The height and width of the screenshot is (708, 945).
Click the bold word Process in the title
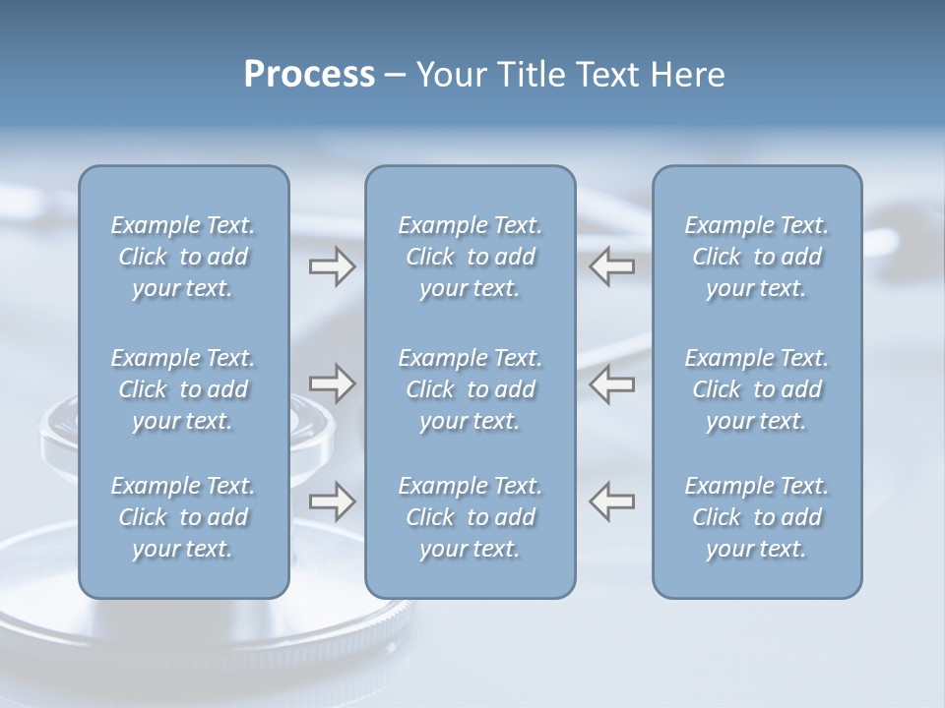pos(309,75)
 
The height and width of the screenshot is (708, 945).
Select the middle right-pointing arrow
pos(332,383)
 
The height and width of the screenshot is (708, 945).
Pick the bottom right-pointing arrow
pos(332,501)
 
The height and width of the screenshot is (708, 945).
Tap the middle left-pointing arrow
pos(612,383)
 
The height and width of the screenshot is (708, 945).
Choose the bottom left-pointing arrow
pos(612,501)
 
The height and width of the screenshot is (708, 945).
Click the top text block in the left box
pos(183,257)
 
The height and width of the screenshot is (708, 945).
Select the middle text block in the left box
pos(183,389)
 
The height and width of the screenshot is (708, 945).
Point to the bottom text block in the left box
pos(183,517)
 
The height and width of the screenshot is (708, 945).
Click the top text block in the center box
pos(471,257)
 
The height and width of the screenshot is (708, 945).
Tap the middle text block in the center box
pos(471,389)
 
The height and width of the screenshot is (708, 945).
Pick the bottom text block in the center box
pos(471,517)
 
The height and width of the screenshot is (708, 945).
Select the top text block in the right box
pos(757,257)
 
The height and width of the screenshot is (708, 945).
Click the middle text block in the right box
pos(757,389)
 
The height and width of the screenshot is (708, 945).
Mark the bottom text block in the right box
pos(757,517)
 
